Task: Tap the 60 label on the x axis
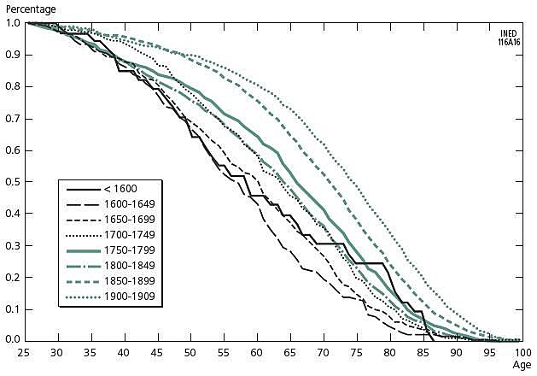tap(255, 352)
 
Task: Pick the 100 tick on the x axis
tap(518, 352)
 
